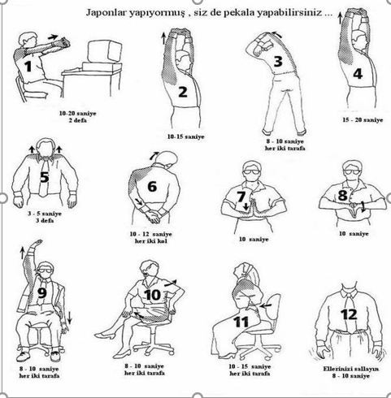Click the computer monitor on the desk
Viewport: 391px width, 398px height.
(x=105, y=51)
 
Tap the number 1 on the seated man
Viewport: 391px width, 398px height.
(x=28, y=67)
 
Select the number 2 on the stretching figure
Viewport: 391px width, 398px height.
(x=183, y=92)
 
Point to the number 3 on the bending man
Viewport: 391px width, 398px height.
(x=278, y=61)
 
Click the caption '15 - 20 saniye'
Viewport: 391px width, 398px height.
(x=363, y=120)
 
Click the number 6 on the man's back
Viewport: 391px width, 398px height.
(x=152, y=187)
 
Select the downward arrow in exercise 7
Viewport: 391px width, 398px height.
(x=245, y=206)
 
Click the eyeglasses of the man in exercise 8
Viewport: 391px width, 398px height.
(x=351, y=171)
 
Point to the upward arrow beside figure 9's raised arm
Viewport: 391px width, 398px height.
(x=22, y=253)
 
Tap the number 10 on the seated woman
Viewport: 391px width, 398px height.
(x=153, y=295)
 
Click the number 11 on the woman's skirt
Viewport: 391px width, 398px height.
(x=241, y=322)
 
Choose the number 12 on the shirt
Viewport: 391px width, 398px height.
(x=349, y=314)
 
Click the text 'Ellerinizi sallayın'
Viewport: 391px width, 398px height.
(x=351, y=369)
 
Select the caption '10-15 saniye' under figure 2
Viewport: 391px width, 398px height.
(x=185, y=136)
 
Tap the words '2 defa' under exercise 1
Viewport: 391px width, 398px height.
(x=78, y=120)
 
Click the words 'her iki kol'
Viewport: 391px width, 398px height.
(x=151, y=241)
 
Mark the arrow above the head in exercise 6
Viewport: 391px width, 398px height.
(x=154, y=155)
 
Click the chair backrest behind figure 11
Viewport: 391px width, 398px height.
(x=272, y=307)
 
